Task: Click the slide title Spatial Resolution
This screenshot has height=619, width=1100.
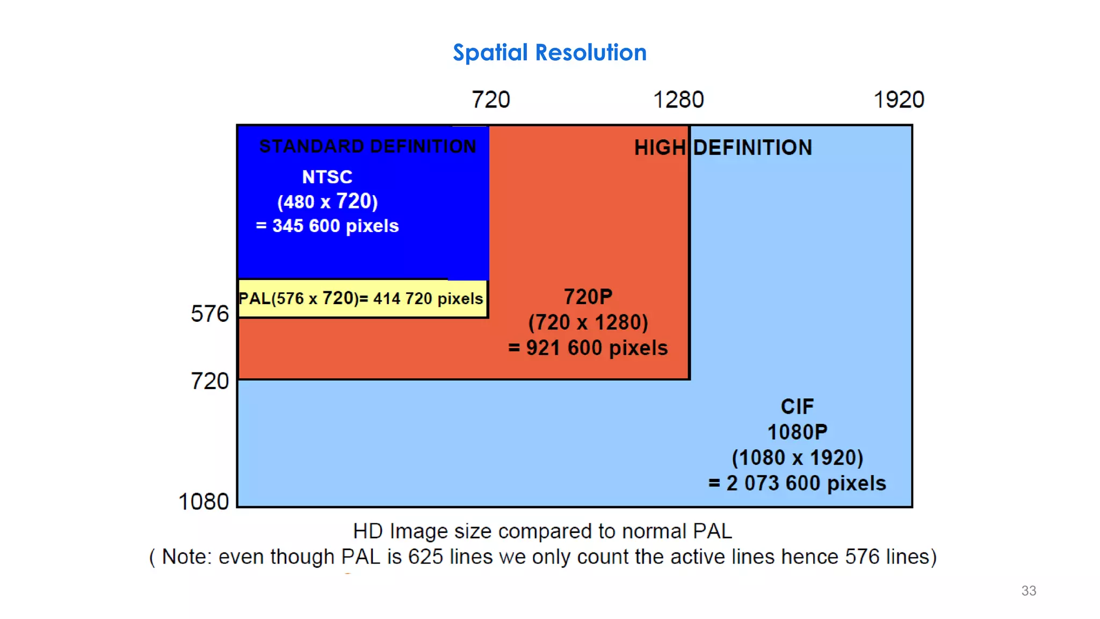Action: click(x=549, y=53)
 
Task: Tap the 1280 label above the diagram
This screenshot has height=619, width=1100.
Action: click(x=678, y=100)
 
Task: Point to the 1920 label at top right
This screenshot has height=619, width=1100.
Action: click(x=899, y=100)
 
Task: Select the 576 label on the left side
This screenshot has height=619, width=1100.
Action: click(x=209, y=314)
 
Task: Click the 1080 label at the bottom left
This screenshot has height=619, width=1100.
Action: click(x=204, y=502)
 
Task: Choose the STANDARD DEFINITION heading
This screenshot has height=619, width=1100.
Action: click(x=367, y=146)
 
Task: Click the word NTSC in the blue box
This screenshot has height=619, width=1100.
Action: click(x=327, y=177)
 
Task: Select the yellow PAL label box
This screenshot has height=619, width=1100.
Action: click(x=361, y=299)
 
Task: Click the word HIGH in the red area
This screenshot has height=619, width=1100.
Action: click(x=660, y=148)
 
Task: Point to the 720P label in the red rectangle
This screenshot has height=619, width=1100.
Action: click(x=588, y=297)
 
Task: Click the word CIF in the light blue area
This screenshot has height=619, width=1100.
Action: click(x=797, y=407)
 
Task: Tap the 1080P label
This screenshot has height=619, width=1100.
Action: click(x=797, y=432)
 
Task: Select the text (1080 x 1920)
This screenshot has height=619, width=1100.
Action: click(x=797, y=458)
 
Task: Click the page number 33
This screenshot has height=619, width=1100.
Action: click(x=1029, y=591)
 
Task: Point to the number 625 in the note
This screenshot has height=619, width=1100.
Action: click(x=426, y=557)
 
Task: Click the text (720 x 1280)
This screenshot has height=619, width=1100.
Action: click(x=588, y=322)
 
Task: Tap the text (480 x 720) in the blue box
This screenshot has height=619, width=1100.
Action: click(x=327, y=201)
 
